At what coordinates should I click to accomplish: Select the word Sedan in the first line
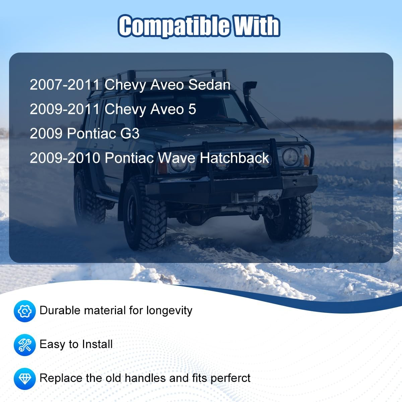click(209, 85)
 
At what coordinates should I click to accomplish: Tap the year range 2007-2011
click(65, 85)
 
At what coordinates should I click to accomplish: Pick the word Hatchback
click(234, 158)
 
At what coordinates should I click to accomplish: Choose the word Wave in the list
click(176, 158)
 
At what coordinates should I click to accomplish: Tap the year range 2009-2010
click(65, 158)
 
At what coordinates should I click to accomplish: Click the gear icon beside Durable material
click(24, 311)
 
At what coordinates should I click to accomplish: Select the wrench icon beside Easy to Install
click(24, 345)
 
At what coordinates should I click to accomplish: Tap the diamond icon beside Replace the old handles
click(24, 379)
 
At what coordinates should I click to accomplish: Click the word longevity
click(169, 311)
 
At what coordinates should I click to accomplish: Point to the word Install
click(97, 344)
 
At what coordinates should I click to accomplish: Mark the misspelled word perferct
click(230, 379)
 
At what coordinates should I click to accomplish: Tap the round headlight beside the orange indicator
click(290, 157)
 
